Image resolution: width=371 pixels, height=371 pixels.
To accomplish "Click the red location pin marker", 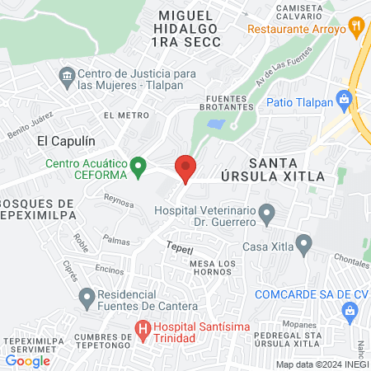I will (185, 168).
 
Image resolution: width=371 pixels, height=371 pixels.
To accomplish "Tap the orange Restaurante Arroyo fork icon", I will (356, 26).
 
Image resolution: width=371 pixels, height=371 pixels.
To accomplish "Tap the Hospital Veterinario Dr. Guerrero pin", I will (266, 216).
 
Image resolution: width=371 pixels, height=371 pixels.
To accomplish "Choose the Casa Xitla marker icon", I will (304, 246).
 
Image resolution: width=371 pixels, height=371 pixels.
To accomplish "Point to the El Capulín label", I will (63, 140).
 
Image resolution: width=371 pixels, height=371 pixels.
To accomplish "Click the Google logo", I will (28, 360).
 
